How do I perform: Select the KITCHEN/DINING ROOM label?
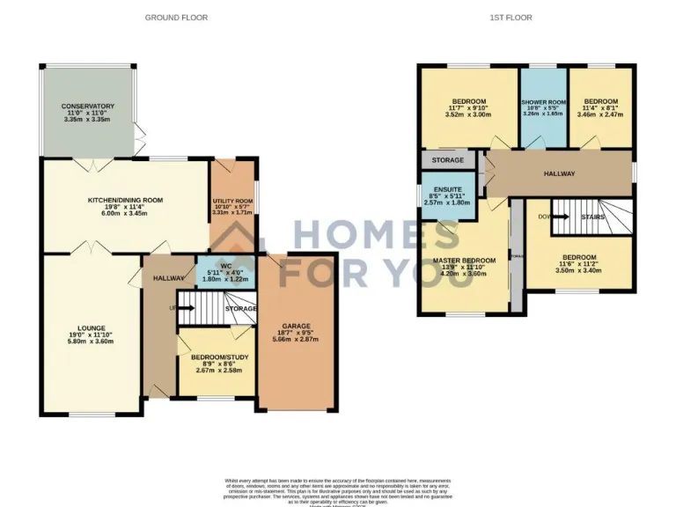tap(124, 200)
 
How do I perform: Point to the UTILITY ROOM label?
tap(232, 201)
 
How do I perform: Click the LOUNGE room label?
tap(86, 326)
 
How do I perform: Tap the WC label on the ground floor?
tap(225, 265)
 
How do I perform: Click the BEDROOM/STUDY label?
tap(216, 357)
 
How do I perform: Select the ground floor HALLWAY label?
tap(168, 278)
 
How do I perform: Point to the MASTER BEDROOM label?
tap(464, 261)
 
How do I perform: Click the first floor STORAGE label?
tap(447, 161)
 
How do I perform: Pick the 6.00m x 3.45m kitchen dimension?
tap(124, 214)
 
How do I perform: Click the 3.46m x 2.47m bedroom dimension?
tap(600, 114)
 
